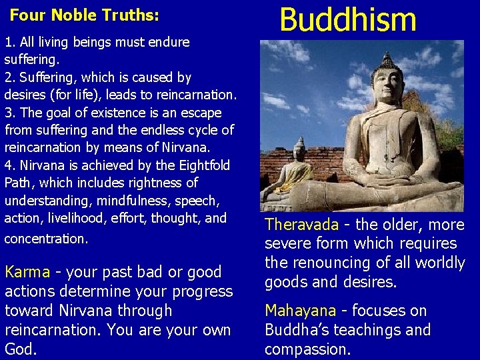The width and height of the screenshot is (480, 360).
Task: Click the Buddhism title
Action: tap(347, 20)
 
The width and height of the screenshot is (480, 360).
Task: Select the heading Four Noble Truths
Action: tap(85, 14)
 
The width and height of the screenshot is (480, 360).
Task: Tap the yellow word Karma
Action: tap(27, 272)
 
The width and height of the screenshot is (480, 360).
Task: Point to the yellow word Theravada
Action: tap(301, 225)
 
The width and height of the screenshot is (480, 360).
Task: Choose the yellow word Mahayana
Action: tap(300, 311)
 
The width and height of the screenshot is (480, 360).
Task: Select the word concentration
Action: tap(45, 239)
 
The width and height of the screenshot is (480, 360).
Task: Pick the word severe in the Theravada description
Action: tap(286, 244)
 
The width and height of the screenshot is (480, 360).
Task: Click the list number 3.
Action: tap(9, 112)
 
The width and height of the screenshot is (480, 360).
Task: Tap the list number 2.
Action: tap(9, 77)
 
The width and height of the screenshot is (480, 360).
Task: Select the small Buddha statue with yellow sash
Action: tap(298, 170)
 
